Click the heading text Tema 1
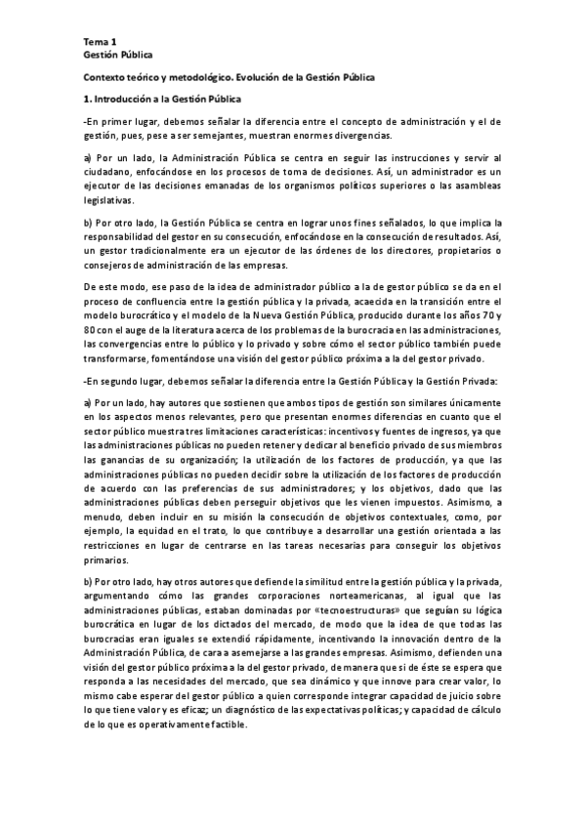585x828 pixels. pos(100,43)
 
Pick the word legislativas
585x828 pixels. pos(109,200)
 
